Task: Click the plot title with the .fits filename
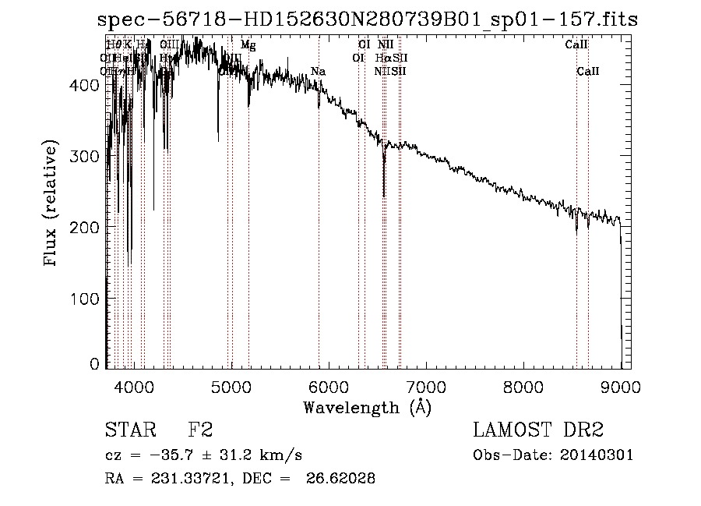click(368, 20)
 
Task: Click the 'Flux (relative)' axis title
click(52, 204)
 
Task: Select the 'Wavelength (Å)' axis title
click(368, 407)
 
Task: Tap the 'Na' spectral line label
click(318, 72)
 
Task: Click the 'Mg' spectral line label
click(248, 45)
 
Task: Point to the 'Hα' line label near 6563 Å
click(382, 58)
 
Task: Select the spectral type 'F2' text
click(200, 430)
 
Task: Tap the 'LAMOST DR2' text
click(538, 430)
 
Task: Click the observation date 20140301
click(601, 455)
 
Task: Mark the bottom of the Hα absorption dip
click(384, 196)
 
